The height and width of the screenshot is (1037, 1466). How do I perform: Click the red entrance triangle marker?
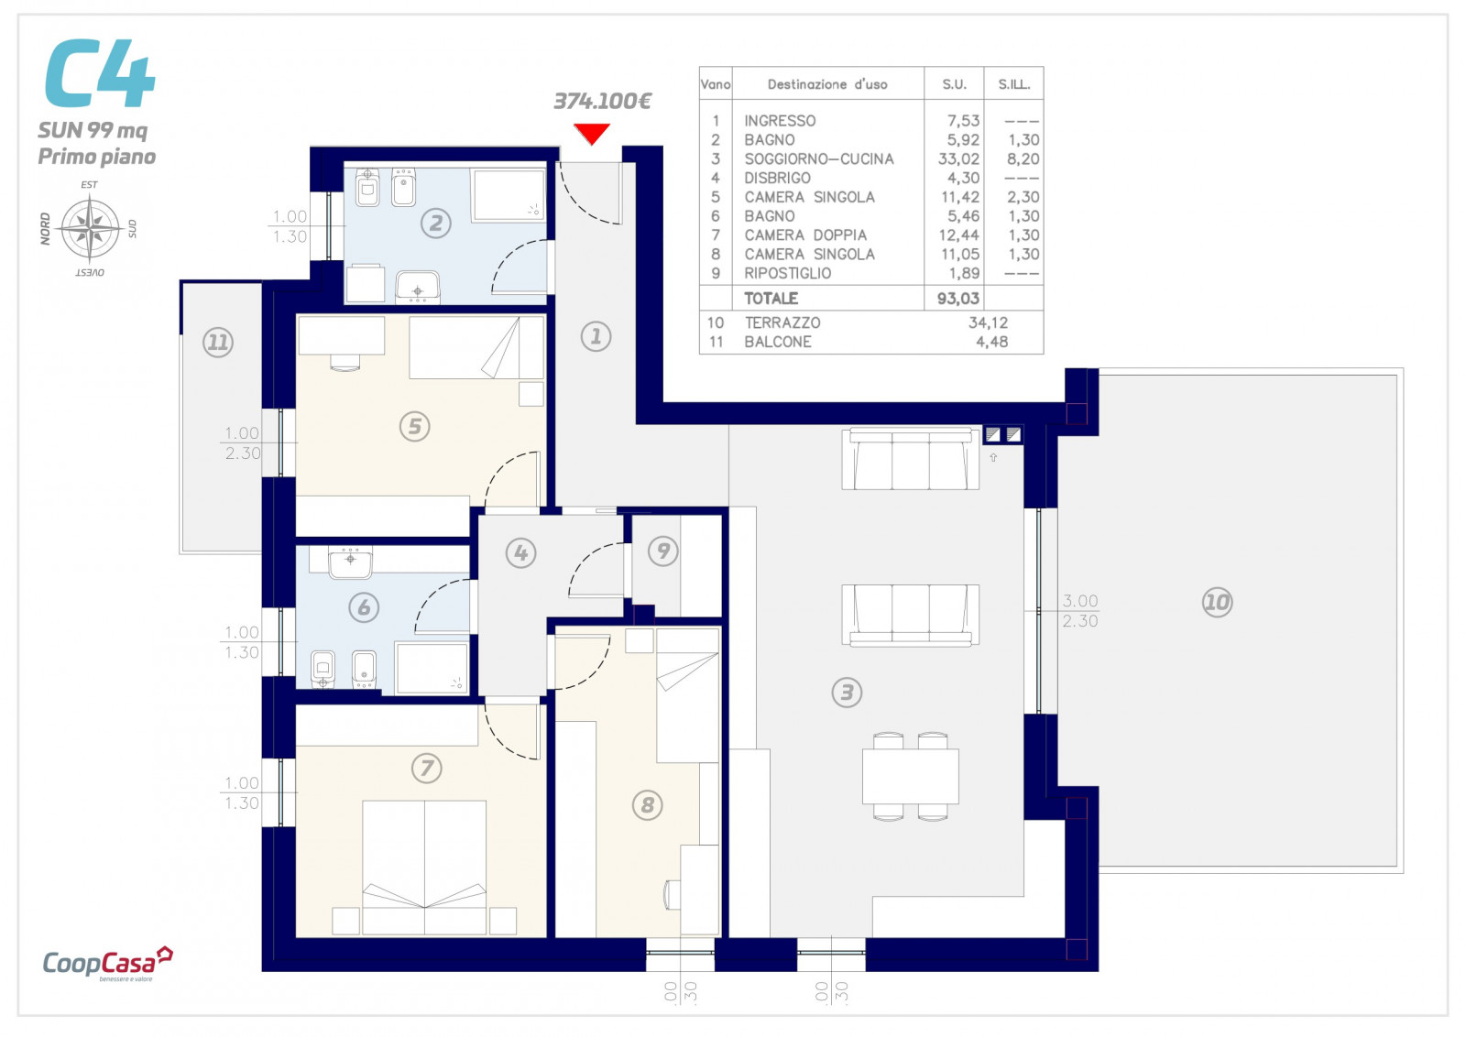coord(592,134)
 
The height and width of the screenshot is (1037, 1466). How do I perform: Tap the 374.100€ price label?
coord(602,101)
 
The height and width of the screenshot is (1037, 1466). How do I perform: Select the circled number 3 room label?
coord(847,693)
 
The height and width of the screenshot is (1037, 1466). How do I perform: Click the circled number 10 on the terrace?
coord(1218,602)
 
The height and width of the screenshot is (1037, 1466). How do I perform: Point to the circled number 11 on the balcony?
coord(218,343)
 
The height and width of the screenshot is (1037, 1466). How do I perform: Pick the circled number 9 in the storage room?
coord(663,551)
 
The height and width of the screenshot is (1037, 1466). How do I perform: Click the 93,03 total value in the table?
coord(958,299)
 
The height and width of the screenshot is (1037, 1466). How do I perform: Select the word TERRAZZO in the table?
coord(782,322)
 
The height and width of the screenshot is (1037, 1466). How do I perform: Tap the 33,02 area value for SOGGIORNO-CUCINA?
coord(958,159)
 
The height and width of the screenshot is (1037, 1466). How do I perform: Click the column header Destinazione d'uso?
coord(827,84)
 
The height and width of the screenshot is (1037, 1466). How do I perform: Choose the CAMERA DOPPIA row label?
coord(805,235)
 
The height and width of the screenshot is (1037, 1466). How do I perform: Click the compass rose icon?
coord(90,228)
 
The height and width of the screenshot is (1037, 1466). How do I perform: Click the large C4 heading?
coord(100,73)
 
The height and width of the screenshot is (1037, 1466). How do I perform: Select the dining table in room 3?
coord(910,776)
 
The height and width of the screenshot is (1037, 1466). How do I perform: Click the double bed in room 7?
coord(424,868)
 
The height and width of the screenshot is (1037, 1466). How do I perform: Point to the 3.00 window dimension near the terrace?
coord(1080,601)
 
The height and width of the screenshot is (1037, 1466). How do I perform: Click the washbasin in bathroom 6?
coord(350,564)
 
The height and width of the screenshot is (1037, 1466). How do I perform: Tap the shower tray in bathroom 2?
coord(509,195)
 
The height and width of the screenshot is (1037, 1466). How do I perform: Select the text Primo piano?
coord(97,157)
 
